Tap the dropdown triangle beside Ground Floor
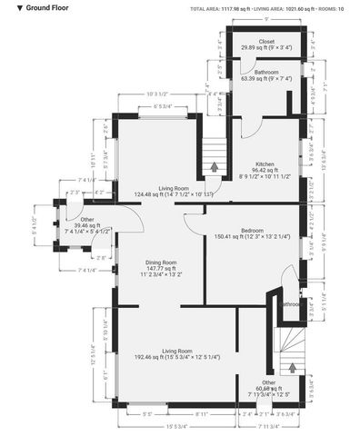click(x=8, y=7)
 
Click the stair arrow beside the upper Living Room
click(x=214, y=167)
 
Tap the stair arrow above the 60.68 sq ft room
click(x=292, y=368)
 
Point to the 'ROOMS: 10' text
click(x=329, y=8)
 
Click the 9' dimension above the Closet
click(x=265, y=19)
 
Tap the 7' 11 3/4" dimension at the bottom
click(x=270, y=427)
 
